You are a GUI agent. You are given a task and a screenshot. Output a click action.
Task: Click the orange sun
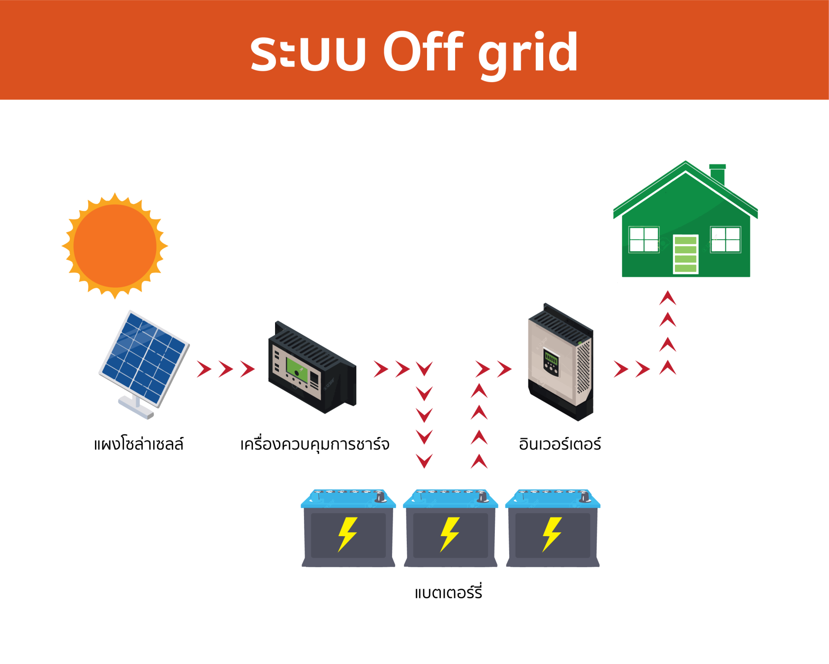(x=115, y=246)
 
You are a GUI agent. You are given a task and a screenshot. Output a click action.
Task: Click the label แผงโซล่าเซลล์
(x=139, y=444)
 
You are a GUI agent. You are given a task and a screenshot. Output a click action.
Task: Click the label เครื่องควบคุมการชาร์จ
(x=315, y=444)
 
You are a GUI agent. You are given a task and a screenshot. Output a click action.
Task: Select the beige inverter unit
(x=560, y=362)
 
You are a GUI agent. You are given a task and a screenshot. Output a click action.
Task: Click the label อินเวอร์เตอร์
(x=560, y=444)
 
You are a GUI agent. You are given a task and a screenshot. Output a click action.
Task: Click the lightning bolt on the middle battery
(x=449, y=534)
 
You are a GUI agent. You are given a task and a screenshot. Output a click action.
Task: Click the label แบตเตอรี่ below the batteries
(x=448, y=592)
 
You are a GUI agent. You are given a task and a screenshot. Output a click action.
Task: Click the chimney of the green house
(x=717, y=174)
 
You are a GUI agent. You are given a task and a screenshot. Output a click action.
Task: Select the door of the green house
(x=685, y=254)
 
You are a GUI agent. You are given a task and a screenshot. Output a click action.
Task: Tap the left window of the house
(x=644, y=239)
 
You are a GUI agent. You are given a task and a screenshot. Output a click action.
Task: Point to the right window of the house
(x=725, y=239)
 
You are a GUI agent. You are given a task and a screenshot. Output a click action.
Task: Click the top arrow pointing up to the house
(x=668, y=298)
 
